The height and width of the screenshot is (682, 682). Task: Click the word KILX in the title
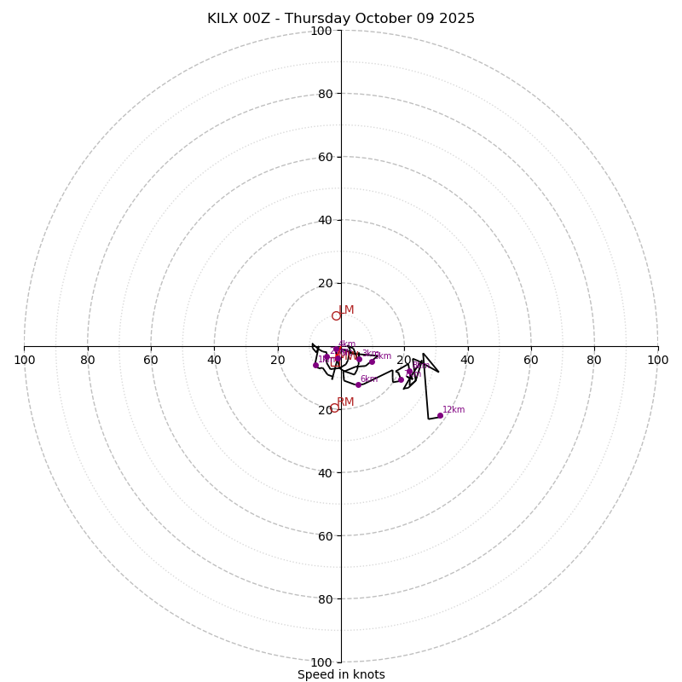pos(224,19)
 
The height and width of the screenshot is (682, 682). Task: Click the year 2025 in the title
pos(455,19)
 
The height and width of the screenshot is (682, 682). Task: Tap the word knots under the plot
pos(368,674)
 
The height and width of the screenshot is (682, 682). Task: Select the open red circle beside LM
pos(336,315)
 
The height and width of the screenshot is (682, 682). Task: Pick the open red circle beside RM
pos(334,407)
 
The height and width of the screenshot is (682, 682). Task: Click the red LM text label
pos(346,310)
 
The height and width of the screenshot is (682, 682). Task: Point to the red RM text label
pos(345,402)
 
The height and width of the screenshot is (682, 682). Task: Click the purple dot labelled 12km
pos(440,416)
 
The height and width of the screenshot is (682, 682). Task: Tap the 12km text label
pos(454,410)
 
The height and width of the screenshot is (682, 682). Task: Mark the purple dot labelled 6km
pos(358,384)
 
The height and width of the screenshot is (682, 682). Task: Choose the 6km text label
pos(369,379)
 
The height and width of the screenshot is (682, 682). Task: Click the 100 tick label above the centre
pos(321,32)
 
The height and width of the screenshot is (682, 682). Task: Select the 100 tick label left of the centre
pos(24,360)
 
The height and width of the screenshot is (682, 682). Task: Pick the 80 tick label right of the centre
pos(594,360)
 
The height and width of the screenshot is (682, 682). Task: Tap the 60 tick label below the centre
pos(325,536)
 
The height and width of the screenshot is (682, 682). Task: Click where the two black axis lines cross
pos(341,346)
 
